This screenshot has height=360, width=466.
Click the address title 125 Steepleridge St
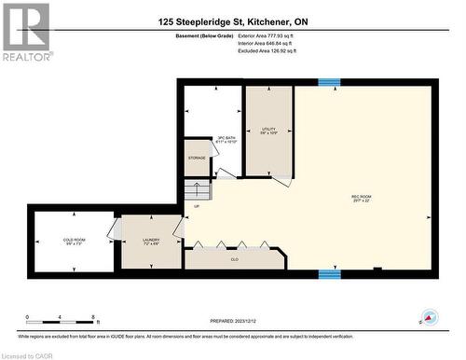point(233,21)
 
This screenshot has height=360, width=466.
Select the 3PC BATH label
point(226,139)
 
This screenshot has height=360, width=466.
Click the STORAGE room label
point(197,159)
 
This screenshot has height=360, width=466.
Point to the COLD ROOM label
point(75,242)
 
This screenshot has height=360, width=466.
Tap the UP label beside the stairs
point(196,207)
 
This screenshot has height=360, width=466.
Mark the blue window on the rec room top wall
point(329,82)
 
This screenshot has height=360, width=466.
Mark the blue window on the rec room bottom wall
point(329,274)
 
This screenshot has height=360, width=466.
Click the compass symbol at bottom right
point(430,318)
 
